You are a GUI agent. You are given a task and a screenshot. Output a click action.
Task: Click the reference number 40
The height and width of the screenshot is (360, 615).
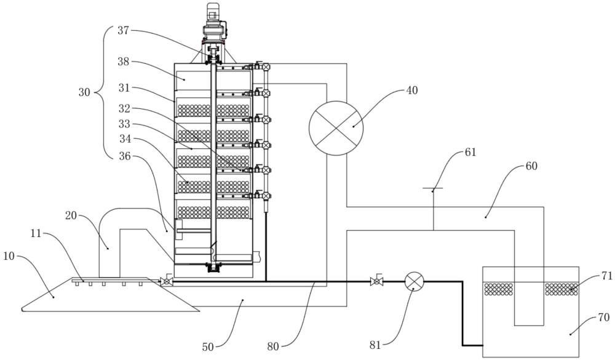point(411,90)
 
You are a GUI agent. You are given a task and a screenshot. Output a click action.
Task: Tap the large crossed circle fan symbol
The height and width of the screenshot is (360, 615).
point(336,128)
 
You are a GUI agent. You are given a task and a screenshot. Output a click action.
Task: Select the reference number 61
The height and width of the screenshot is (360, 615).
point(470,152)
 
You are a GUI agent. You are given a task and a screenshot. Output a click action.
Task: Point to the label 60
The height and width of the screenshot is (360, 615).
point(531,166)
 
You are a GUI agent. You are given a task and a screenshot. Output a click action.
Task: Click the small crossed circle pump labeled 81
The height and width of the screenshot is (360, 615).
point(414,281)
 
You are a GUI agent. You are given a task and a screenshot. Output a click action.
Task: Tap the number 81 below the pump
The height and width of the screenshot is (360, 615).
point(375,345)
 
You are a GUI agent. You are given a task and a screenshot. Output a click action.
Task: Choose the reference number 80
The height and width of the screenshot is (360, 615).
point(273,346)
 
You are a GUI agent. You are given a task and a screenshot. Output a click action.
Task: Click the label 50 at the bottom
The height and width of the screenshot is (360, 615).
point(208,347)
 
